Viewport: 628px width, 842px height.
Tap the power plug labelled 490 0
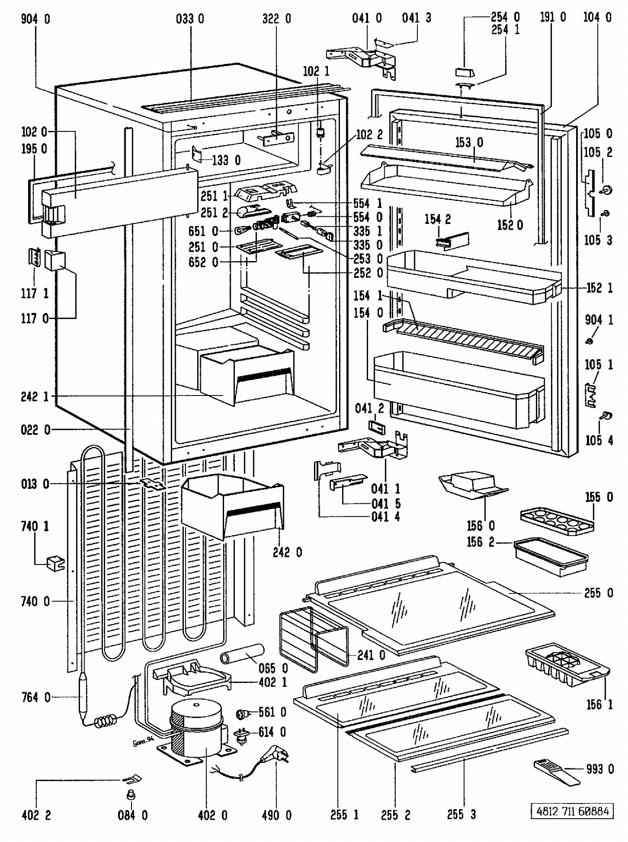click(274, 754)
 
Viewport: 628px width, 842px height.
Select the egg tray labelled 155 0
click(557, 521)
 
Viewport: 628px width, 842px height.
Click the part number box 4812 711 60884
click(572, 811)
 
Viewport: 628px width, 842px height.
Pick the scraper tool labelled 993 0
click(556, 773)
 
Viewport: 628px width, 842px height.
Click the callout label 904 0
click(35, 19)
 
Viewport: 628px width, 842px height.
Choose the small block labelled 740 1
click(55, 563)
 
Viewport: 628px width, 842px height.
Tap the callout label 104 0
click(597, 18)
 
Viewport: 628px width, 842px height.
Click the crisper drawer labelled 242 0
click(232, 506)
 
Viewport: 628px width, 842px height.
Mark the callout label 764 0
click(36, 697)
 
